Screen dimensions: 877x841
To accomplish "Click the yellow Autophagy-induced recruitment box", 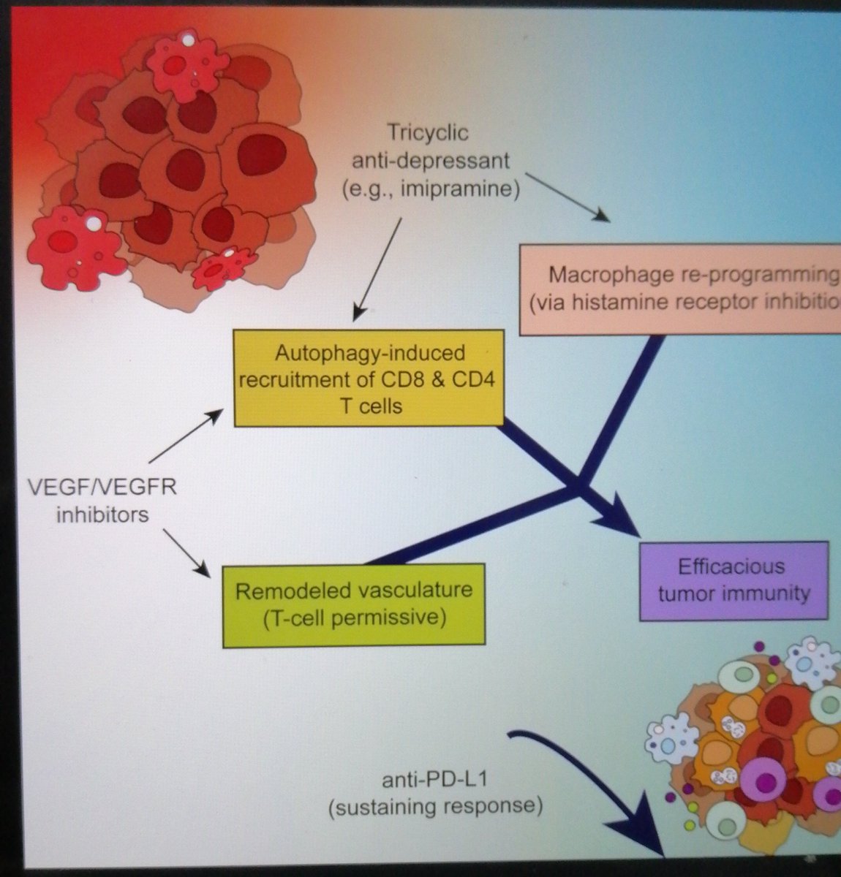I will coord(369,379).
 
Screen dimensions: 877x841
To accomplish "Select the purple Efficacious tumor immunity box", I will coord(733,580).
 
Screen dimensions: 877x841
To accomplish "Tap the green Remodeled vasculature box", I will coord(354,604).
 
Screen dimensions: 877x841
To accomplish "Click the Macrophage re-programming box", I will coord(680,289).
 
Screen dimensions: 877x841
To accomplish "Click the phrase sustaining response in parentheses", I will coord(436,807).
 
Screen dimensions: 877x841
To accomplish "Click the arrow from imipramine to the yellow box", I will coord(378,267).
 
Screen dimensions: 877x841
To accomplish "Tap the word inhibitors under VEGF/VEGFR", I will coord(102,515).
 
